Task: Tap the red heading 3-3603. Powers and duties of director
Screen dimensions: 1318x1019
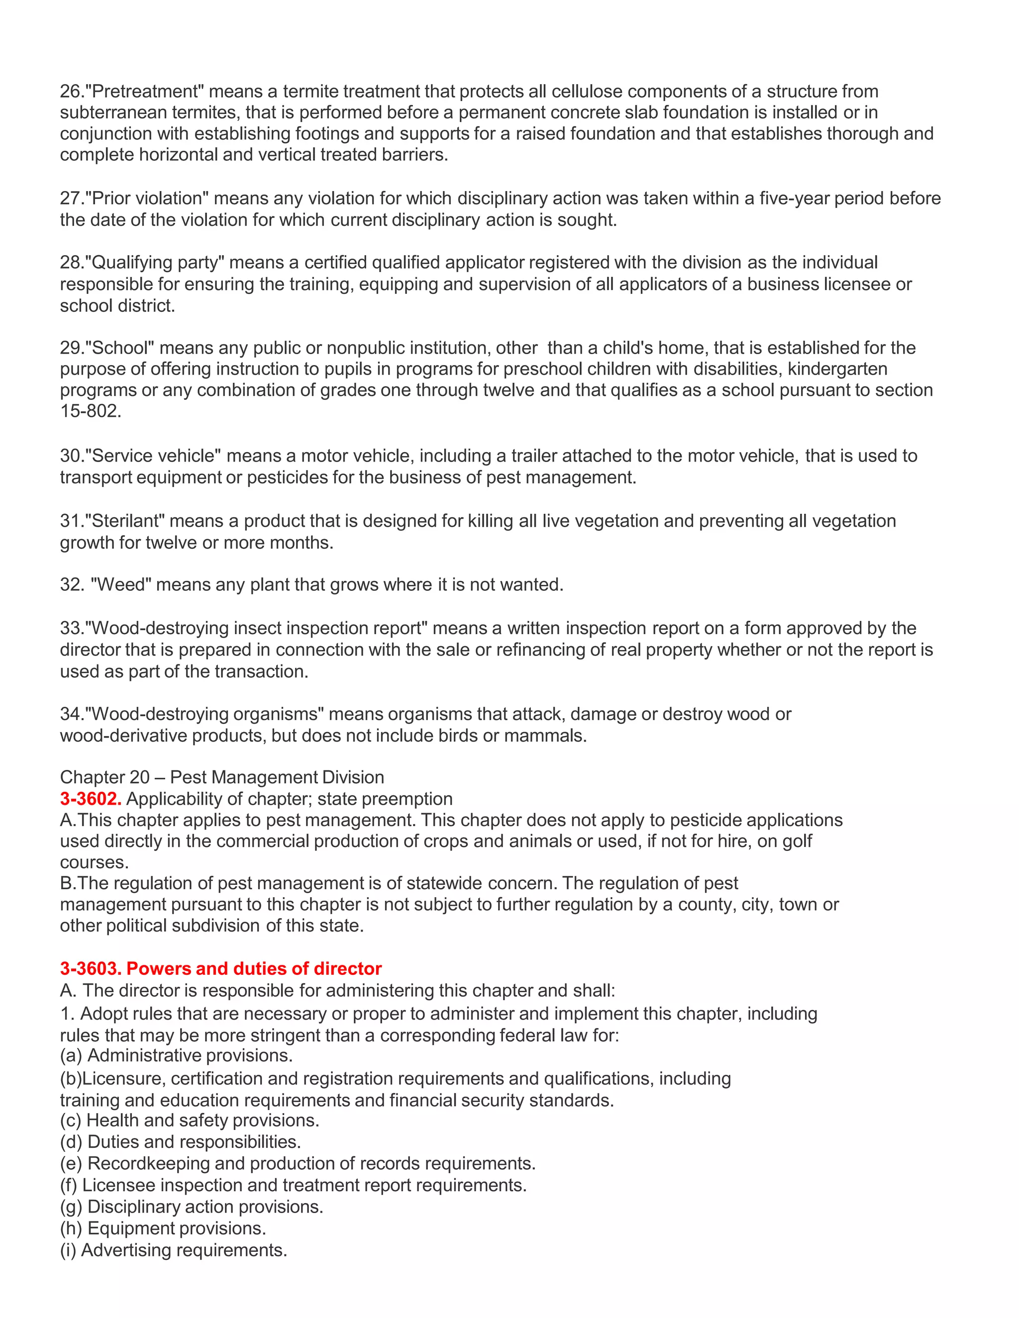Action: click(x=220, y=968)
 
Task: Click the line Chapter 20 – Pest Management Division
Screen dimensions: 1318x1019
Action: click(x=221, y=777)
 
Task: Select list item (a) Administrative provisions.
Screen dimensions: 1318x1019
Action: click(x=176, y=1055)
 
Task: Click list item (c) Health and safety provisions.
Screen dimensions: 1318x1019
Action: click(x=190, y=1121)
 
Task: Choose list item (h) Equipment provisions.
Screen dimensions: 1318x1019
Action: click(x=163, y=1228)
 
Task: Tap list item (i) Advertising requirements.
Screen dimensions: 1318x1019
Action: click(x=174, y=1250)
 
